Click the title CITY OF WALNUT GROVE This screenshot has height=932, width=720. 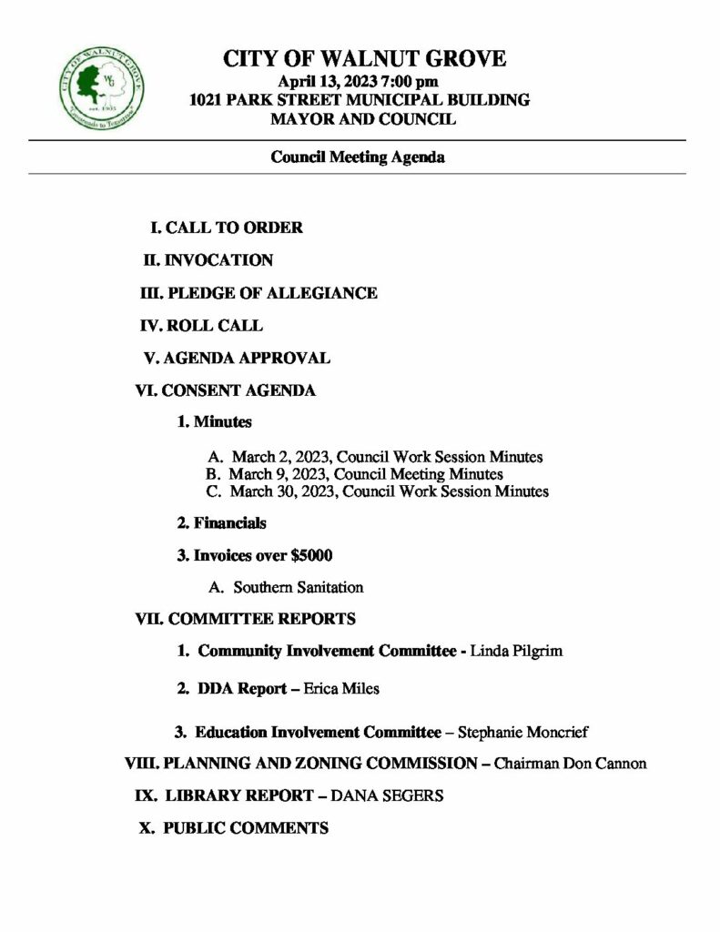[364, 60]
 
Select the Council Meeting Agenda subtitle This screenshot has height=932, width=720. [358, 157]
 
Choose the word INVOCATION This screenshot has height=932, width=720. [218, 260]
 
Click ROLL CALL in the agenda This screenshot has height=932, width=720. [215, 325]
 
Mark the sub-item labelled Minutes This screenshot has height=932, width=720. [222, 422]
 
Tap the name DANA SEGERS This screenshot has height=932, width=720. [388, 795]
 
